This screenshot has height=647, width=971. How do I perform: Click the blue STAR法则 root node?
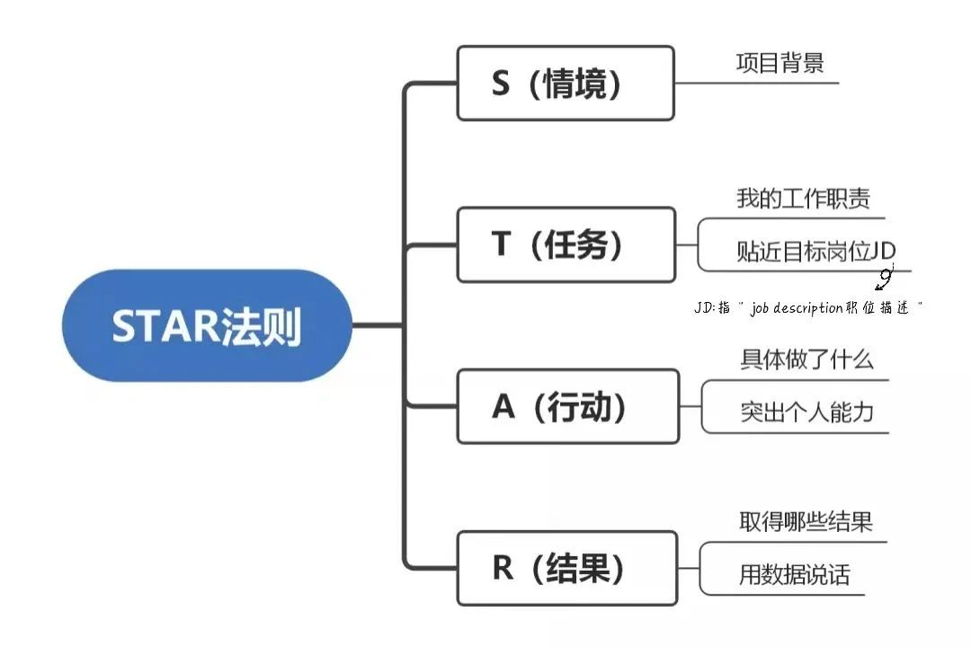pyautogui.click(x=207, y=325)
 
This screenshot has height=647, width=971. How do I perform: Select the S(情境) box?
pyautogui.click(x=565, y=83)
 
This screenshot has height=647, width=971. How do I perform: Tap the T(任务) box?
pyautogui.click(x=566, y=244)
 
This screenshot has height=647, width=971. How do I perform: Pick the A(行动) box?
pyautogui.click(x=567, y=406)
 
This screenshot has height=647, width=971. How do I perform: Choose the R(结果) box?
pyautogui.click(x=566, y=568)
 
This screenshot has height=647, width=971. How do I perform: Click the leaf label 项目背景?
pyautogui.click(x=779, y=63)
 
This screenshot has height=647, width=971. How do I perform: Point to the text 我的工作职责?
pyautogui.click(x=803, y=198)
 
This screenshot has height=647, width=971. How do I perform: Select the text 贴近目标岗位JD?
pyautogui.click(x=815, y=251)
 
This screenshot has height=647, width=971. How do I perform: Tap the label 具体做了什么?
pyautogui.click(x=806, y=359)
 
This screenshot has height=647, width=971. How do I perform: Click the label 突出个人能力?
pyautogui.click(x=806, y=412)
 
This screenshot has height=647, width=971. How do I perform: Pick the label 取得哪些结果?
pyautogui.click(x=806, y=521)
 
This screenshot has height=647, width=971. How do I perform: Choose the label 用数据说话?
pyautogui.click(x=794, y=574)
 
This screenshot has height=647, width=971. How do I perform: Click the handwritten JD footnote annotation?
pyautogui.click(x=808, y=308)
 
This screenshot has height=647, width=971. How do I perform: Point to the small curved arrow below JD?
pyautogui.click(x=885, y=279)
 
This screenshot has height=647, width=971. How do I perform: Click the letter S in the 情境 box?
pyautogui.click(x=501, y=84)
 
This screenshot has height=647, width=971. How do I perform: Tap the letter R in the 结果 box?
pyautogui.click(x=502, y=569)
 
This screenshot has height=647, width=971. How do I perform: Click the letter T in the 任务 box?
pyautogui.click(x=501, y=245)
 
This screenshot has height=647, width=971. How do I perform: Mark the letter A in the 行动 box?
pyautogui.click(x=503, y=407)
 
